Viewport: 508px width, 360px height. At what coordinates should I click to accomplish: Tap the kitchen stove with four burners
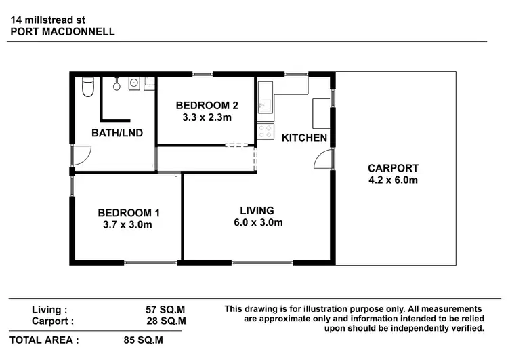[266, 131]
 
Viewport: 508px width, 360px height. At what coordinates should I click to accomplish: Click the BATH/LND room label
[117, 133]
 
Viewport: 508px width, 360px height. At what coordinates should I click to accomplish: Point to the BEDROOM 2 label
[207, 105]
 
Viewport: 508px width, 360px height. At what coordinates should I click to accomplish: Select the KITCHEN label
[305, 138]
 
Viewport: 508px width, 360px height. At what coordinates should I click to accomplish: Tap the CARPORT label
[393, 168]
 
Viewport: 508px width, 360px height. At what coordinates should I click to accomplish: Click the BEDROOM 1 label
[129, 213]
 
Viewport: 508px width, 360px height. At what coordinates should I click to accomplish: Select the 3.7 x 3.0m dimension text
[129, 225]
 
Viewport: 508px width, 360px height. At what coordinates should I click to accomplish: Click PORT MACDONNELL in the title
[63, 31]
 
